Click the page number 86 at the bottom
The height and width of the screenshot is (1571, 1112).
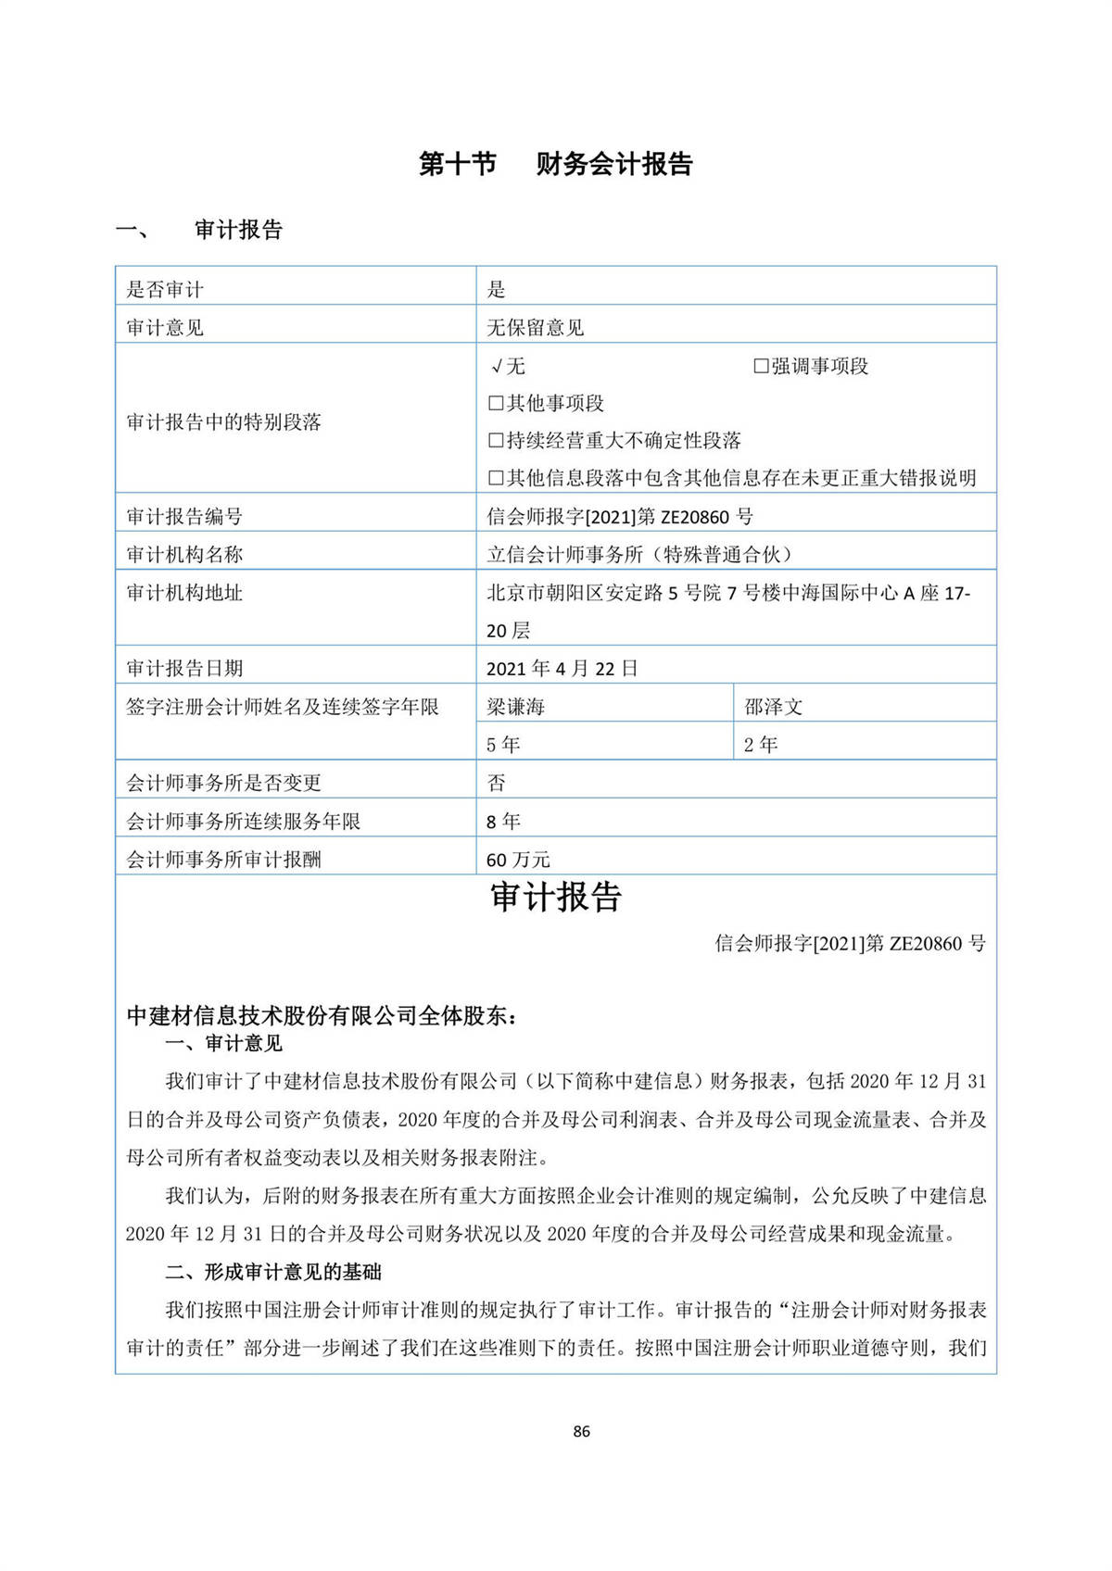point(581,1431)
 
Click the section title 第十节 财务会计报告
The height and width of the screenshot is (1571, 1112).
point(555,164)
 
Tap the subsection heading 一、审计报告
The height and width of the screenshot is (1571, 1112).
point(199,230)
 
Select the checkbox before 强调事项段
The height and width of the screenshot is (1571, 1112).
point(761,366)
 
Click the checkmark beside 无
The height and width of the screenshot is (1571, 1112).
point(497,366)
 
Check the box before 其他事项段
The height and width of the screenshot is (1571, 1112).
point(496,403)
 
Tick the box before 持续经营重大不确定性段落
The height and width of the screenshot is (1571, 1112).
point(496,441)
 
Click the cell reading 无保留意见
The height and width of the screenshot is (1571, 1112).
point(536,327)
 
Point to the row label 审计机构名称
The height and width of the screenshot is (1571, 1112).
point(184,554)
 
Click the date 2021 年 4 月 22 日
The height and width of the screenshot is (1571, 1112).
point(562,668)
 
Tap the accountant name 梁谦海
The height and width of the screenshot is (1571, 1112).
point(515,707)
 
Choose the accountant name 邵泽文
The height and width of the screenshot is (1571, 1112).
point(774,707)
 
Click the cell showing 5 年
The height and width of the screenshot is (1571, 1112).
point(503,745)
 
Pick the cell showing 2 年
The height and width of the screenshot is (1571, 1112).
point(761,745)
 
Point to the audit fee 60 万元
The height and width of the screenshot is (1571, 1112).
point(518,860)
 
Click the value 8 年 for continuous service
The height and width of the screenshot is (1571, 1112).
point(503,821)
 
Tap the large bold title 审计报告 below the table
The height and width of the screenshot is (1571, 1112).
point(556,897)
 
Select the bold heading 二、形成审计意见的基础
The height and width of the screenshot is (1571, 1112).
point(273,1272)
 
